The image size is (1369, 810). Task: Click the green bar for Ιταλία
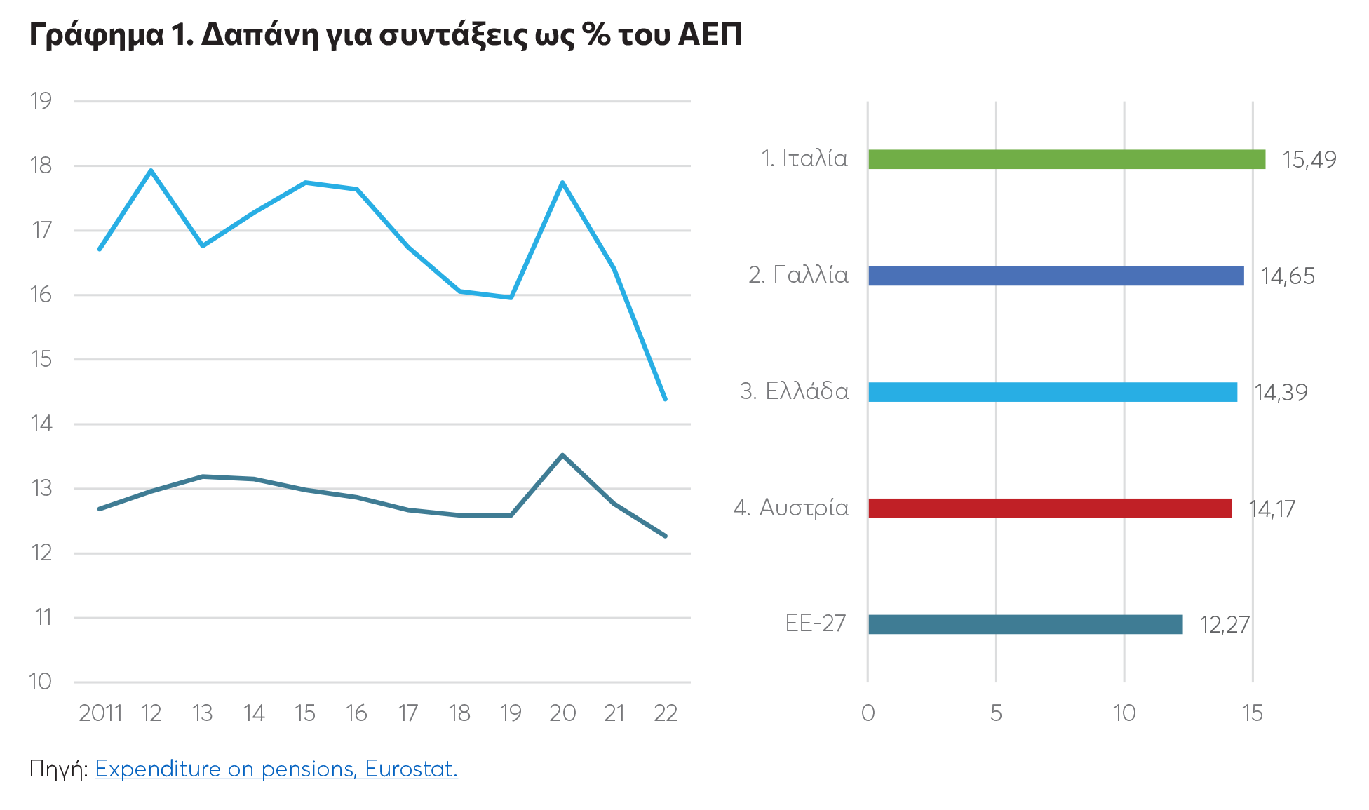point(1067,159)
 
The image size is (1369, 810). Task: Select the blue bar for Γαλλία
point(1056,276)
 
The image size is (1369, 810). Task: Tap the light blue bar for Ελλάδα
point(1053,392)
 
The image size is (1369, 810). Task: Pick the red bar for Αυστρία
point(1050,508)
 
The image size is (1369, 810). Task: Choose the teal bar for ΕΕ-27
point(1025,624)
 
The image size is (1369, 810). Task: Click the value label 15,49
point(1309,160)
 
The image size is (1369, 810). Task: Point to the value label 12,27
point(1225,625)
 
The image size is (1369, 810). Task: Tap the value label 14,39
point(1281,393)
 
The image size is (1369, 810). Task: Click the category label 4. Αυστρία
point(791,508)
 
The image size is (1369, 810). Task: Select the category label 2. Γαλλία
point(798,275)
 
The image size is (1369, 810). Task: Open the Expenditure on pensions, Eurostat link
point(276,769)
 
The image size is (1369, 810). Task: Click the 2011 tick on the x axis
point(100,713)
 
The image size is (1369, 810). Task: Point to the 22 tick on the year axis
point(666,713)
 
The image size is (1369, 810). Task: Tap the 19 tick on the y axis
point(41,101)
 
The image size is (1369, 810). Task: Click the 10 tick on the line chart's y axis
point(40,682)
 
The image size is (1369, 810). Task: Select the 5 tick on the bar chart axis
point(996,713)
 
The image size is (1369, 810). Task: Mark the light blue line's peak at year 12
point(151,170)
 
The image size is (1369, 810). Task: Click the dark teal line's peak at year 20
point(562,454)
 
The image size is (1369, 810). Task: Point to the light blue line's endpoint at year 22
point(666,399)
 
